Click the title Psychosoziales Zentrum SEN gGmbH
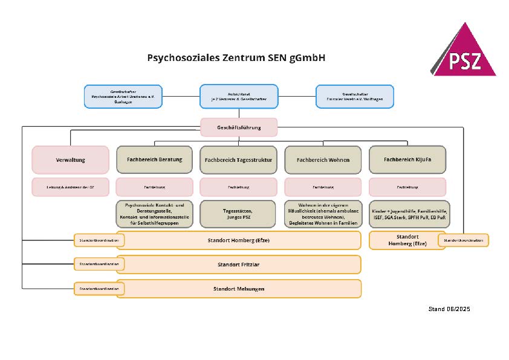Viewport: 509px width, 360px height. (236, 58)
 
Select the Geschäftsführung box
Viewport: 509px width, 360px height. (239, 127)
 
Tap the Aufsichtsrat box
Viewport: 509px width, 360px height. (239, 97)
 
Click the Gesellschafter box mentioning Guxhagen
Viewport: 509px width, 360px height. (123, 97)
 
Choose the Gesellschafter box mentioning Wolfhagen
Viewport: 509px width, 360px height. (355, 97)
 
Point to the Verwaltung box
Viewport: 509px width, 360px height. (71, 160)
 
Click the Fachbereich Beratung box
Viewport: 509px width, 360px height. (154, 159)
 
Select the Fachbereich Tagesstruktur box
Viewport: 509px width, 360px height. (239, 160)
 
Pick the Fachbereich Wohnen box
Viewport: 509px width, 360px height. (323, 160)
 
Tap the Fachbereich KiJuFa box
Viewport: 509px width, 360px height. (407, 159)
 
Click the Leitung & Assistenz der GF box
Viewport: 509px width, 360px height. (71, 187)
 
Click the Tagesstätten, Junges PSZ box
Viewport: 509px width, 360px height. (239, 214)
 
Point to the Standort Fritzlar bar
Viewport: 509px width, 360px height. (239, 265)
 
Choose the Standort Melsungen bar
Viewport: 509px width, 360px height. (239, 289)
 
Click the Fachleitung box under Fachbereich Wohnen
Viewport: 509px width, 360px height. (323, 187)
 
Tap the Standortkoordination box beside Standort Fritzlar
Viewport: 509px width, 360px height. (99, 265)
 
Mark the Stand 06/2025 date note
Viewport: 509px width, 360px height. (449, 309)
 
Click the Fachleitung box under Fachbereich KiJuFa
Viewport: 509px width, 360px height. (407, 187)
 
